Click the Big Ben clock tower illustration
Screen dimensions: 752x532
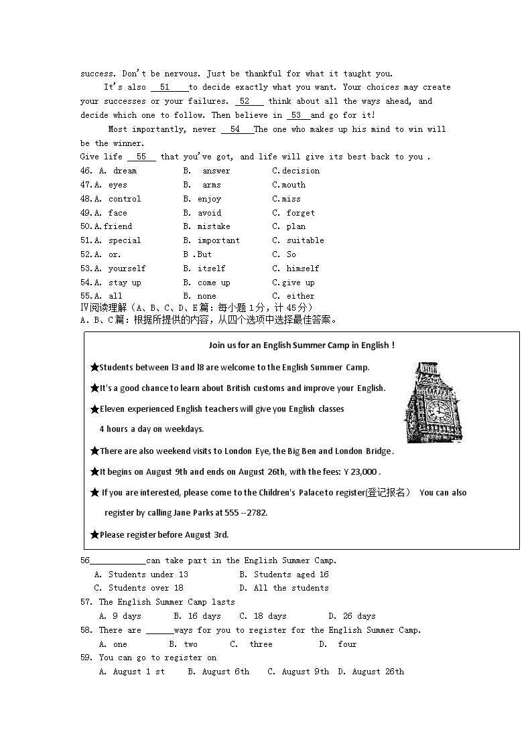tap(434, 402)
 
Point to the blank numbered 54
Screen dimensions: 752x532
tap(235, 129)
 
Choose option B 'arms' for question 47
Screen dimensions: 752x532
tap(211, 185)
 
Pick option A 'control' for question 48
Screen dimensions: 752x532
tap(124, 199)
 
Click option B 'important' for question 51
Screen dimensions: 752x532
tap(218, 240)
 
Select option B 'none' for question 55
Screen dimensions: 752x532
tap(206, 296)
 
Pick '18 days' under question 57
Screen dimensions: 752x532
tap(269, 616)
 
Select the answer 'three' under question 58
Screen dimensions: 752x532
tap(261, 644)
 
